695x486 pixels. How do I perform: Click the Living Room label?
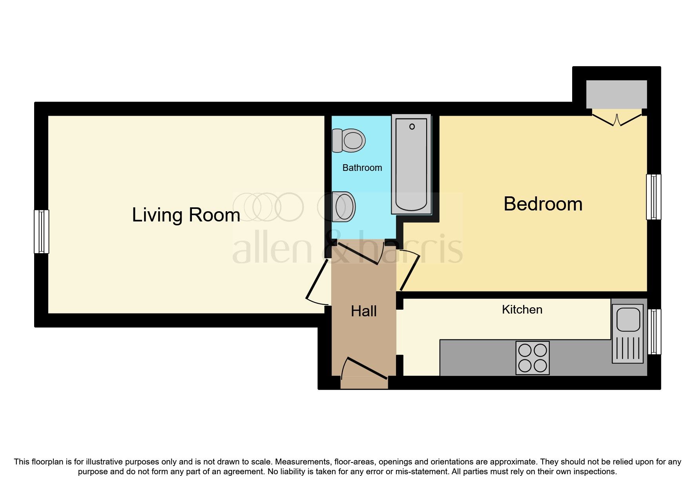[186, 215]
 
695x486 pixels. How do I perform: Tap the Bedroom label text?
[543, 204]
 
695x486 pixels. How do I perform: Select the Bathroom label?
[362, 168]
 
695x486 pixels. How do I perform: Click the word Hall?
[363, 311]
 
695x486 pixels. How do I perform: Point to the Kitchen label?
[522, 310]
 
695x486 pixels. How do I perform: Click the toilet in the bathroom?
[348, 140]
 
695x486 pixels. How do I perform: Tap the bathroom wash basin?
[344, 207]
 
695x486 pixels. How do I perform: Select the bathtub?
[411, 165]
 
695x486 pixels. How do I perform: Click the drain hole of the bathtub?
[412, 127]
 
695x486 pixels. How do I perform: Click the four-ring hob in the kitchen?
[532, 358]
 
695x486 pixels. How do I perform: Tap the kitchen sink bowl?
[628, 318]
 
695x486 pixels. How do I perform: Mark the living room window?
[41, 232]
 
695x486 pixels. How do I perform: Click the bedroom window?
[653, 197]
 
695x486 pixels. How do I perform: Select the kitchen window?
[653, 332]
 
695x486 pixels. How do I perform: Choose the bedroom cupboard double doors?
[617, 119]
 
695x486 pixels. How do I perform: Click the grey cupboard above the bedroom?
[616, 94]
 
